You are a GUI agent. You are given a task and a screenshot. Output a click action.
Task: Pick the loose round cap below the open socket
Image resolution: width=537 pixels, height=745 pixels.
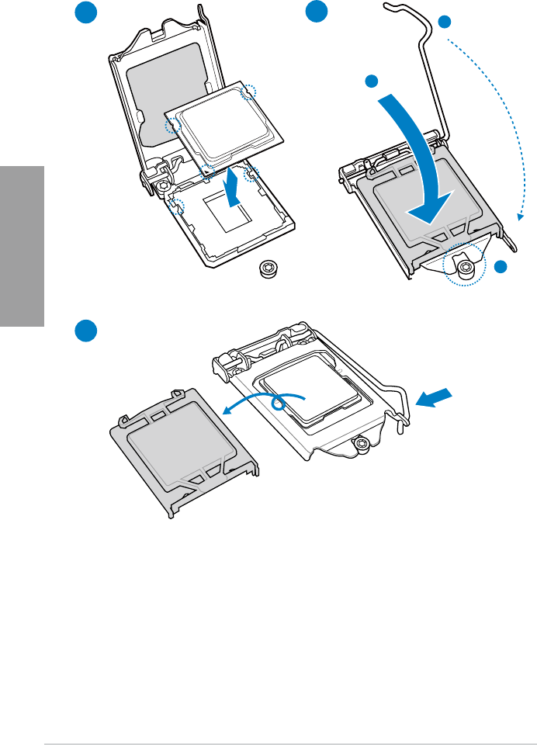click(268, 269)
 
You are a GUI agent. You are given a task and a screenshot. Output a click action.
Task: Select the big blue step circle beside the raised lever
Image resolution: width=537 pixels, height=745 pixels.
click(316, 14)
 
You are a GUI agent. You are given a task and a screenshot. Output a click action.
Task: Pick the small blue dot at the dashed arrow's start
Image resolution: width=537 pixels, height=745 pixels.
click(444, 23)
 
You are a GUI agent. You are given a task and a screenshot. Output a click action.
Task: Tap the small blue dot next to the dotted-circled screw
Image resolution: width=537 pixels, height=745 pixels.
click(501, 267)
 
